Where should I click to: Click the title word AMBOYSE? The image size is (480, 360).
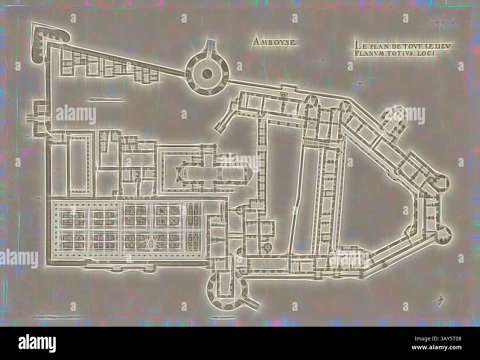[x=274, y=42]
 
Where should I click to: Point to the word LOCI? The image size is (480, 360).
[x=427, y=53]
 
